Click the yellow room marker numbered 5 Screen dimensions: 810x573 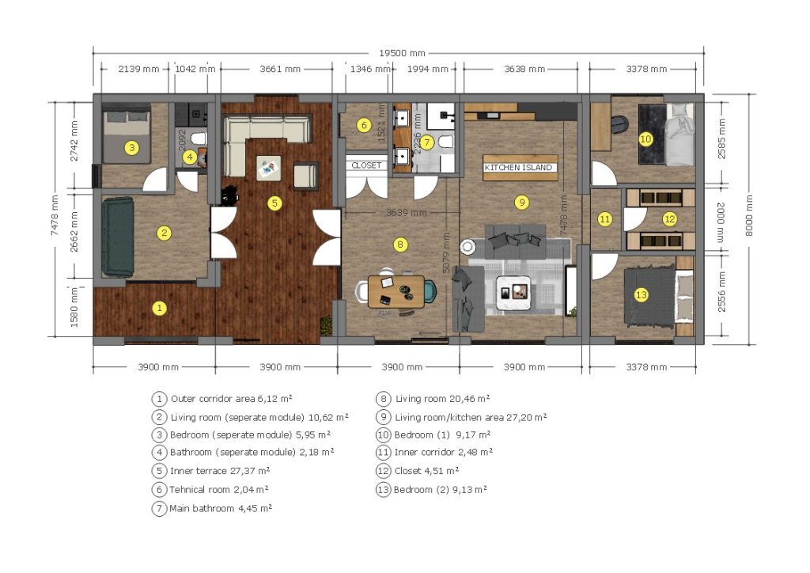[274, 203]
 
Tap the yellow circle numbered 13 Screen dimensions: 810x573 [641, 295]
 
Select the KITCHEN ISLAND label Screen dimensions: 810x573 [518, 168]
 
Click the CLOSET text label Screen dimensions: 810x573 [366, 165]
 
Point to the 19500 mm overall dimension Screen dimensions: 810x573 [402, 53]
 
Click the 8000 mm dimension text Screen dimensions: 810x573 [749, 216]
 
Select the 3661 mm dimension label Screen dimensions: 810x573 [280, 69]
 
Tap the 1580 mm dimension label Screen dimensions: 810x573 [74, 307]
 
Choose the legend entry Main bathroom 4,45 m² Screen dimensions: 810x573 [212, 508]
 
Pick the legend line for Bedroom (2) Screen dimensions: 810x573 [431, 489]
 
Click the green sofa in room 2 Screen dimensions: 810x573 [118, 237]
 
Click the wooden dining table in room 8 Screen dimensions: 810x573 [396, 292]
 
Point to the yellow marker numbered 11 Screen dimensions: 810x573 [604, 219]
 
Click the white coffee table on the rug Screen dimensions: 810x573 [513, 293]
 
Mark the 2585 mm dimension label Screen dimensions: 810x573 [721, 139]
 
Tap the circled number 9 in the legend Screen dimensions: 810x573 [383, 417]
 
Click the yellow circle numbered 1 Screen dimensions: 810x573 [160, 309]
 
